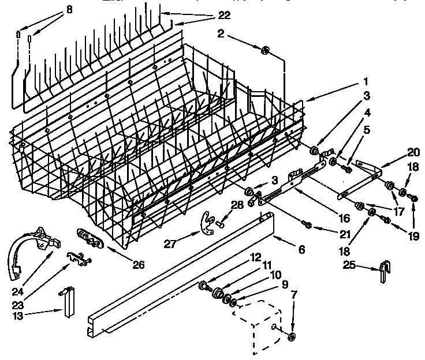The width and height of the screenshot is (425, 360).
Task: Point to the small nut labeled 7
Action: click(292, 337)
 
